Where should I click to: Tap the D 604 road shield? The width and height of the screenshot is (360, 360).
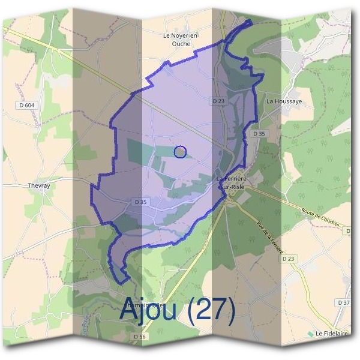click(25, 105)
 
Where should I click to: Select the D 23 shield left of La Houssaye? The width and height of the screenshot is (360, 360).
click(218, 101)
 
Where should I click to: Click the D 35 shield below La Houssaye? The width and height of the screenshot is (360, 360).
click(259, 133)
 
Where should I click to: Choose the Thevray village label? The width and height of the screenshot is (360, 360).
click(39, 185)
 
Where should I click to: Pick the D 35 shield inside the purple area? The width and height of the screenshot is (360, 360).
click(141, 202)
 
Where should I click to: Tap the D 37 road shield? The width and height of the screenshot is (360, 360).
click(343, 302)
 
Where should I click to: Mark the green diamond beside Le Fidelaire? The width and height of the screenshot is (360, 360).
click(310, 333)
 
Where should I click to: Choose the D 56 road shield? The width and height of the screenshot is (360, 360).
click(139, 337)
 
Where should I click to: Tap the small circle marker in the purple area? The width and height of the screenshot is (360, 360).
click(180, 152)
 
